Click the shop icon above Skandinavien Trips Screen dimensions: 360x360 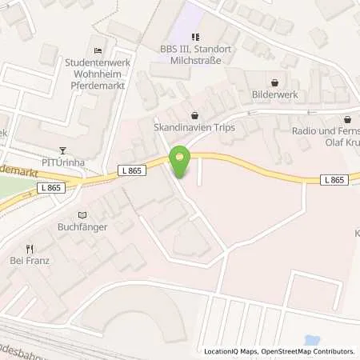[196, 114]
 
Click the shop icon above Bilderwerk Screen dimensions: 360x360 [276, 82]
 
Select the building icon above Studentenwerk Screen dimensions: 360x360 [98, 50]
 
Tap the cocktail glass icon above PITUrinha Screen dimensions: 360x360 [65, 149]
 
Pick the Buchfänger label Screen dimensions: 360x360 [82, 227]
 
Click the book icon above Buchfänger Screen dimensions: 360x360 [82, 214]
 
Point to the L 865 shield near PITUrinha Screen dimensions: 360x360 [50, 187]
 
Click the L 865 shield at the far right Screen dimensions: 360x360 [335, 181]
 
